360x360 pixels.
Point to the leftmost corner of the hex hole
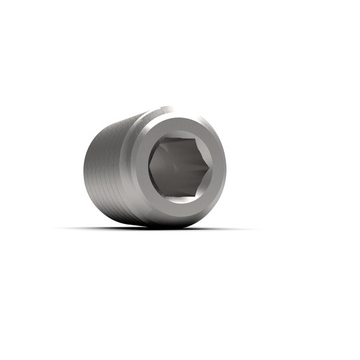(149, 167)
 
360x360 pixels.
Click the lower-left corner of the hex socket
(163, 195)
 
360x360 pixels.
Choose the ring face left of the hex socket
(140, 167)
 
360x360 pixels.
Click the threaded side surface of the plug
(108, 167)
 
